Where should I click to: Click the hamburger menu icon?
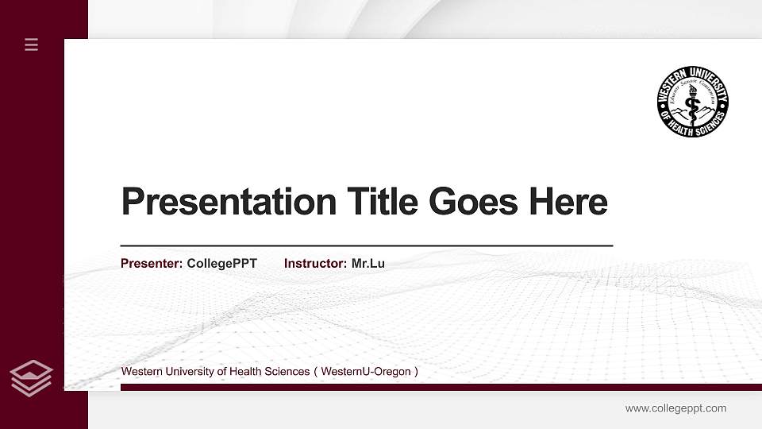coord(32,44)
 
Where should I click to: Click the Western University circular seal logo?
coord(692,102)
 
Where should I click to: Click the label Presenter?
coord(152,263)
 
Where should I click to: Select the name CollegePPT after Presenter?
coord(221,263)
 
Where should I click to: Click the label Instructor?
coord(315,263)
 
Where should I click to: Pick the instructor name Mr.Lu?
coord(368,263)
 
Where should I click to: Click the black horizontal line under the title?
coord(366,246)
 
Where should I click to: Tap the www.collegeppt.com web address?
coord(675,408)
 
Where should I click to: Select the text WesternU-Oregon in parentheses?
coord(366,372)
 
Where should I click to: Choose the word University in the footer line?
coord(187,372)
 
